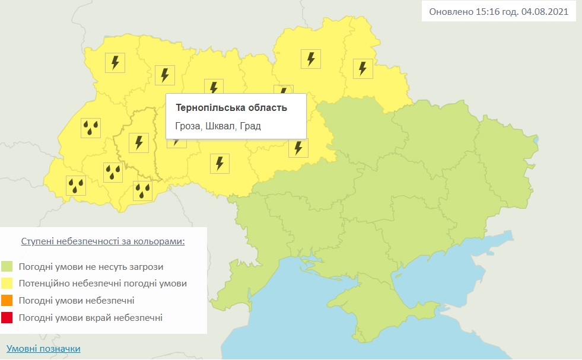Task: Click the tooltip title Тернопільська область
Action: click(x=231, y=107)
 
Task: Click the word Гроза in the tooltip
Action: click(x=189, y=126)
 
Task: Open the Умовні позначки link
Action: click(x=43, y=349)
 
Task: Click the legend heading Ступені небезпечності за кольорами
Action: click(x=103, y=242)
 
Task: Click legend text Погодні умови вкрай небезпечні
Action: click(x=90, y=318)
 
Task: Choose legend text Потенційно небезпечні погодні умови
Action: click(x=103, y=283)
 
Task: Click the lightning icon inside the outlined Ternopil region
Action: click(x=139, y=142)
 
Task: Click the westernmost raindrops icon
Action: click(x=75, y=186)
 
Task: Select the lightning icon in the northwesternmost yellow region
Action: click(x=115, y=62)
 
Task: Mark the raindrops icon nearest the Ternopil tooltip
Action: click(x=143, y=190)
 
